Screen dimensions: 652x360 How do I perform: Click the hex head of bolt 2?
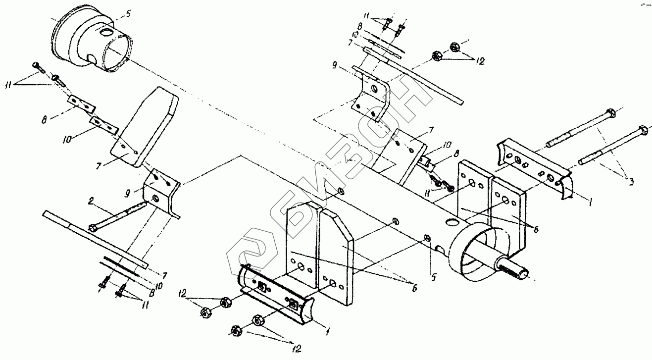click(92, 228)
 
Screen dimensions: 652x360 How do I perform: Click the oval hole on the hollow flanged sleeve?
click(105, 33)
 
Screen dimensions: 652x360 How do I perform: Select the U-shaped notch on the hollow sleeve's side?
click(93, 59)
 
